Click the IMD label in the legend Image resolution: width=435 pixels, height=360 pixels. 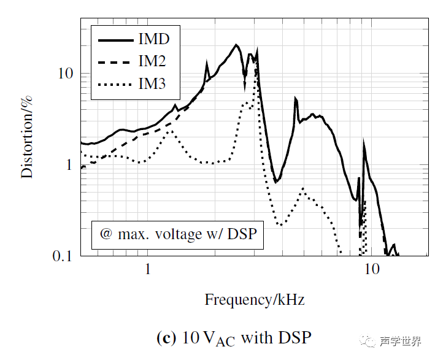pos(154,39)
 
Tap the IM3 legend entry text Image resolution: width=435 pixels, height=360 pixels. pos(152,83)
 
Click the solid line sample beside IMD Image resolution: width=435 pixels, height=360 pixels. pos(116,39)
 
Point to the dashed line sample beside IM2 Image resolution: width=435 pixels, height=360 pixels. pos(116,61)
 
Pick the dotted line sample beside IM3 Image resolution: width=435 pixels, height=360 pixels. pos(116,83)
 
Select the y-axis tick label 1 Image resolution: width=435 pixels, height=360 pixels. pos(69,164)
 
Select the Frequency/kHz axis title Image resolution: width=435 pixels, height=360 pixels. pos(255,300)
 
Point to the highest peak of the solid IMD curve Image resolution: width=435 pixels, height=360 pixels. pos(236,45)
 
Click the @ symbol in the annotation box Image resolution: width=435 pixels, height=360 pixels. pos(106,234)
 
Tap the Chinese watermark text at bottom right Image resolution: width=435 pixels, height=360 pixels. pos(400,342)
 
